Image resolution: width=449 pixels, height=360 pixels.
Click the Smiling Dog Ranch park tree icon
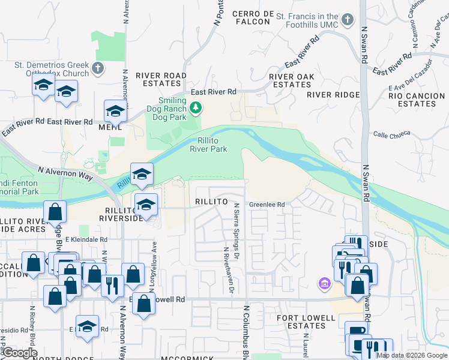click(195, 108)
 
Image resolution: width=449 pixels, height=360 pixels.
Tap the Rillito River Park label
click(208, 145)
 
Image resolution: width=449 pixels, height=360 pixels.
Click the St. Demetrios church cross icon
click(98, 68)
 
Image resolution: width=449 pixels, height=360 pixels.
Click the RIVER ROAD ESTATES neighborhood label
click(161, 80)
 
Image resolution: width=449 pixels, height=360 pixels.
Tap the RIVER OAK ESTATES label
click(292, 80)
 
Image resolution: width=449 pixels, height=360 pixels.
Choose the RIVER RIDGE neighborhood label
click(333, 95)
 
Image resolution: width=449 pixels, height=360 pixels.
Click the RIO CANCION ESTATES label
click(412, 100)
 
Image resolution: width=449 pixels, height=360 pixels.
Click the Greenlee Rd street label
click(267, 204)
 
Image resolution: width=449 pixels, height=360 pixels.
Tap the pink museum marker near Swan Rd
click(325, 283)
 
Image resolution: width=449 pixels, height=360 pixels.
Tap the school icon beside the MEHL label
click(115, 112)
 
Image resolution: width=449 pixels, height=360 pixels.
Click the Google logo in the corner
click(20, 353)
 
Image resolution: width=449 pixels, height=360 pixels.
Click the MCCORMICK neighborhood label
click(187, 358)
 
